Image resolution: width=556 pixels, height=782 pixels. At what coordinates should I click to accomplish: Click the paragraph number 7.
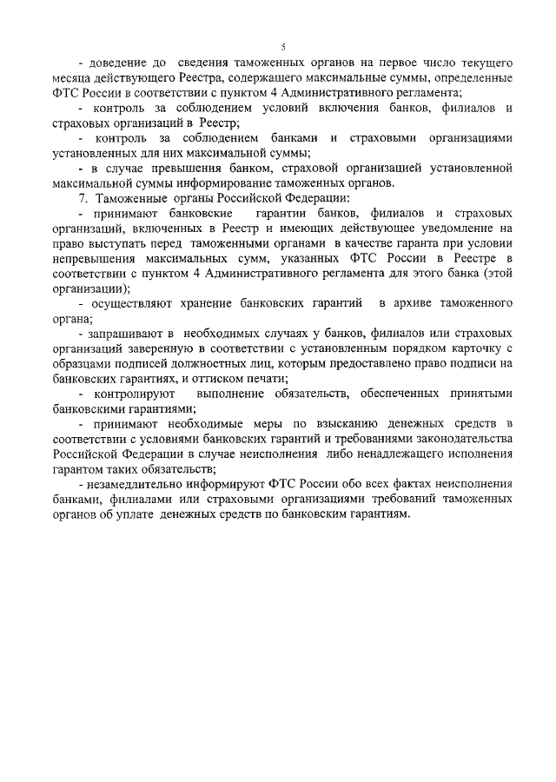[x=83, y=198]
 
